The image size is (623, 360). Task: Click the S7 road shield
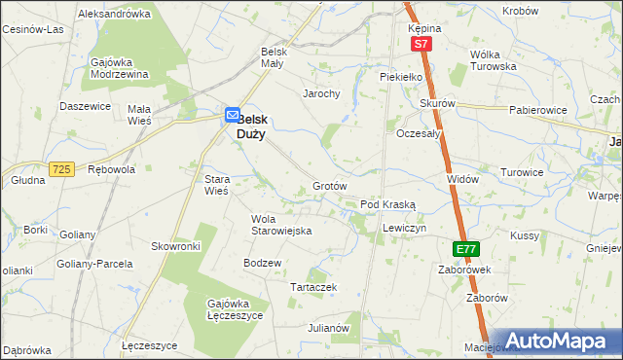[x=420, y=45]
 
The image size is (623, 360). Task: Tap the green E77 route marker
[x=466, y=249]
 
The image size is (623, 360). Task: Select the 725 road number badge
[x=62, y=169]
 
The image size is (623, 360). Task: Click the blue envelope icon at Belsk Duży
[x=233, y=115]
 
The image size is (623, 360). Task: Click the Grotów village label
[x=330, y=185]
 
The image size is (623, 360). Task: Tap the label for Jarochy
[x=321, y=93]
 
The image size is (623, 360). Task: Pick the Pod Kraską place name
[x=388, y=204]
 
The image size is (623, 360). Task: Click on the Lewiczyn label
[x=405, y=227]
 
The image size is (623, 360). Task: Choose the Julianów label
[x=328, y=328]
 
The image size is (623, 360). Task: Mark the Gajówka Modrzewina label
[x=119, y=68]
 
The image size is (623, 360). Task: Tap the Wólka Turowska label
[x=493, y=60]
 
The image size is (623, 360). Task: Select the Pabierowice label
[x=537, y=110]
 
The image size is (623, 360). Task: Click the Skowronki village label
[x=175, y=246]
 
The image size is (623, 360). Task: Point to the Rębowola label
[x=111, y=168]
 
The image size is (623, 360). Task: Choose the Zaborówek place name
[x=463, y=269]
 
